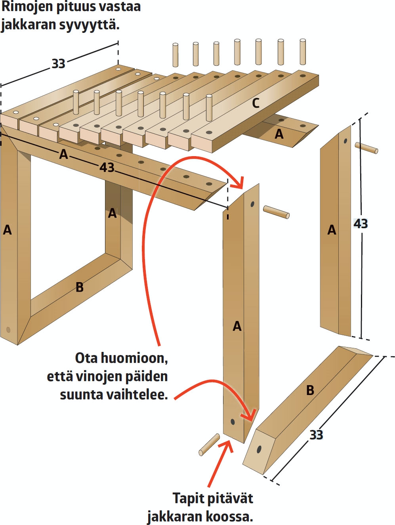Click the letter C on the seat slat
click(x=256, y=103)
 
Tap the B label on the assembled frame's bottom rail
click(x=80, y=287)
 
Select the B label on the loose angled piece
click(x=310, y=390)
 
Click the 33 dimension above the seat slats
click(x=58, y=64)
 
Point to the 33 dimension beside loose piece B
click(x=316, y=435)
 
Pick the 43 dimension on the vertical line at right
click(x=361, y=224)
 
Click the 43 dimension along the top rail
click(x=107, y=168)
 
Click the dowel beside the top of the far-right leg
click(x=366, y=148)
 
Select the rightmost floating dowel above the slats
click(x=303, y=52)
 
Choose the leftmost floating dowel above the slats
click(x=175, y=55)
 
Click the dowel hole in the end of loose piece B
click(x=259, y=449)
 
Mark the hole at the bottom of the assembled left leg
click(x=8, y=330)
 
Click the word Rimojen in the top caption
click(x=25, y=7)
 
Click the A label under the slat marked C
click(x=279, y=134)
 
